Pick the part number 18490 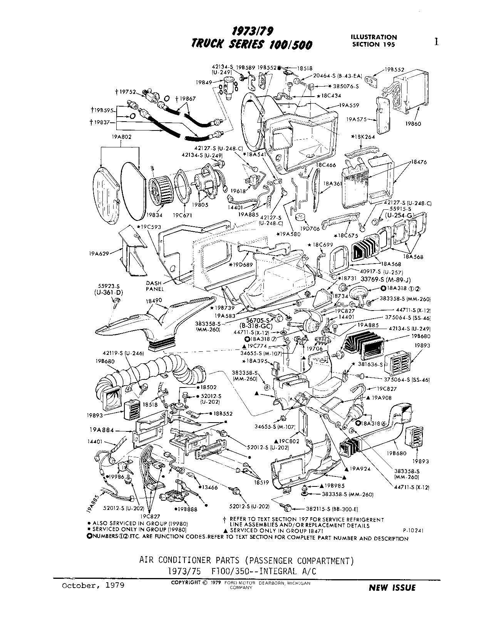coord(154,300)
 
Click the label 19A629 coord(99,253)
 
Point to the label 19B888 coord(187,509)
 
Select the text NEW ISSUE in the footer coord(392,588)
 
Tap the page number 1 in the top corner coord(436,42)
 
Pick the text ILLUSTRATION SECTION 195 coord(373,40)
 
